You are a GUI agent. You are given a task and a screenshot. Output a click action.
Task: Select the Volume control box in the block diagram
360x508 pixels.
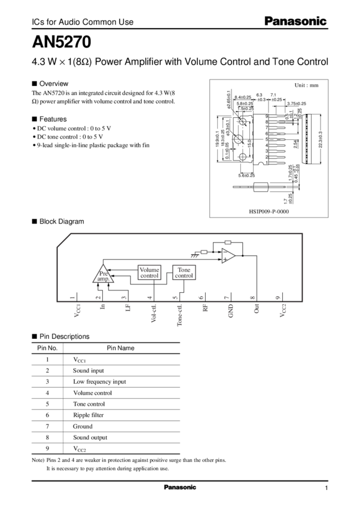(149, 272)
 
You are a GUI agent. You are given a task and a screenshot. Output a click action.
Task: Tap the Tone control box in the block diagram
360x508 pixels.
(184, 273)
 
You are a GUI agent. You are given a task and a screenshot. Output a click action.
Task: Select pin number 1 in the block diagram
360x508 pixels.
(72, 297)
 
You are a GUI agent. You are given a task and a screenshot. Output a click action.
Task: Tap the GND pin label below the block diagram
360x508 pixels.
(226, 310)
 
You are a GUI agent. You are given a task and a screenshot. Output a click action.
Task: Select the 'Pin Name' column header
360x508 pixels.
(120, 347)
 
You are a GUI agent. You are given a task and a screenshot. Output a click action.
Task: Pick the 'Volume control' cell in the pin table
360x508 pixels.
(91, 392)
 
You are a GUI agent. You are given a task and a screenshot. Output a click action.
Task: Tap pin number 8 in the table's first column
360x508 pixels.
(47, 437)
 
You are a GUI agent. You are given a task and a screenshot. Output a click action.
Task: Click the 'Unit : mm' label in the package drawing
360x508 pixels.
(306, 85)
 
